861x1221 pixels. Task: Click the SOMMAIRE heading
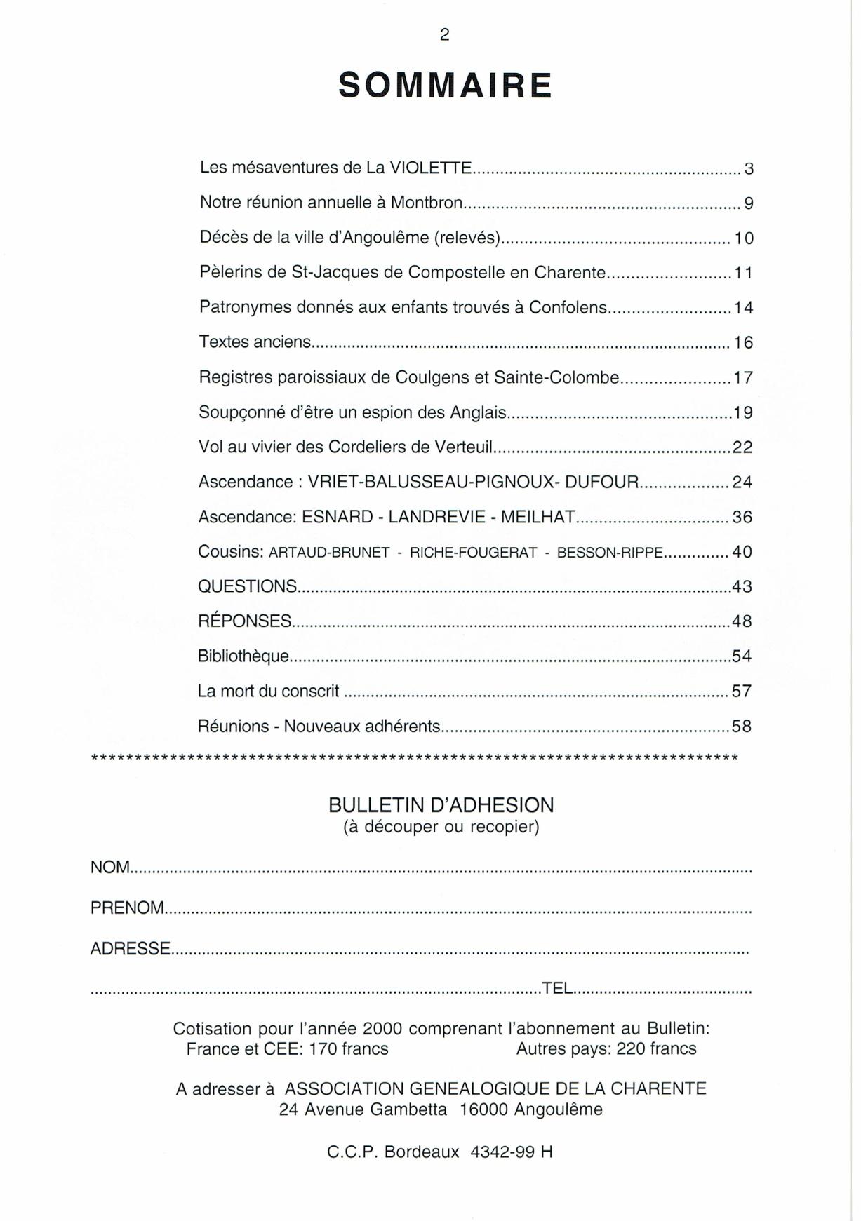coord(445,86)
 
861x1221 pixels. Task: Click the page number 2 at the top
coord(444,35)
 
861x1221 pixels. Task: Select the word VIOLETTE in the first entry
coord(431,168)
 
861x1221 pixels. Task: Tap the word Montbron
coord(426,203)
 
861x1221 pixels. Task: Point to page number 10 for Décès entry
coord(744,238)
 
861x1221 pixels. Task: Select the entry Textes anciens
coord(255,342)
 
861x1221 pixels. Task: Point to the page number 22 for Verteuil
coord(742,447)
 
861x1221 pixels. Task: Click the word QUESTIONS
coord(247,586)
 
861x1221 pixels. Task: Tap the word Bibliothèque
coord(243,656)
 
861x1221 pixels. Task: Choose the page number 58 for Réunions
coord(742,727)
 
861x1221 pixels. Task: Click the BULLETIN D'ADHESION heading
coord(441,805)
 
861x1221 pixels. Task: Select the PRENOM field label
coord(127,908)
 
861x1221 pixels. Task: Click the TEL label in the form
coord(558,988)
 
